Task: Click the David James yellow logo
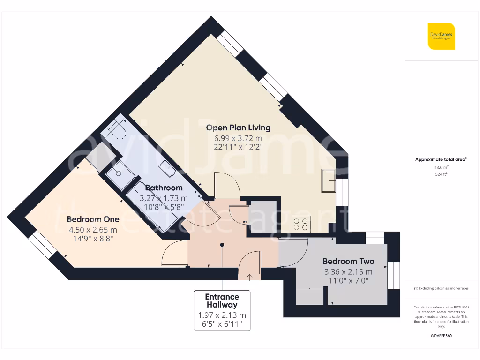click(441, 36)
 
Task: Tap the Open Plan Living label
click(238, 127)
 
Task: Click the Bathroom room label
click(164, 188)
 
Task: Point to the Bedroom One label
click(93, 219)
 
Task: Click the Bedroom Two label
click(348, 262)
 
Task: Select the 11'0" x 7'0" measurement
click(348, 281)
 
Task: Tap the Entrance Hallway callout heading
click(222, 300)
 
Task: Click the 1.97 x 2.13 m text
click(222, 315)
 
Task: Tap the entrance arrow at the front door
click(249, 276)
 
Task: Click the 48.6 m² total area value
click(441, 167)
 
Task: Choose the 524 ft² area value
click(441, 174)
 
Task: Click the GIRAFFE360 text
click(441, 336)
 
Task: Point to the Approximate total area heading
click(441, 159)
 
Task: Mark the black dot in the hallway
click(222, 244)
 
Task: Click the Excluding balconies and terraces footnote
click(441, 288)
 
